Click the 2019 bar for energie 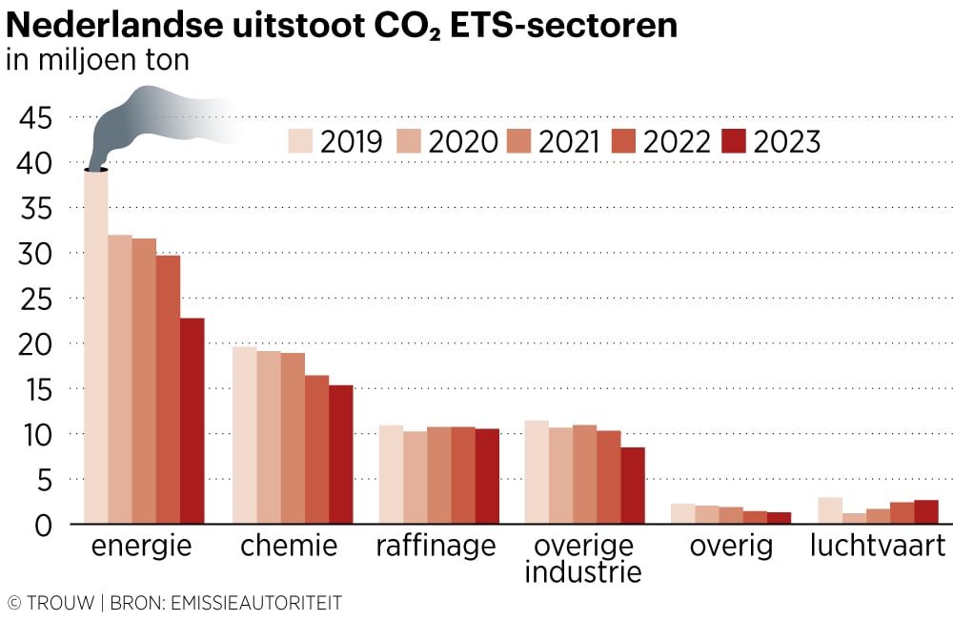point(95,347)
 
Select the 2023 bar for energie point(192,421)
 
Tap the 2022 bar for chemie point(316,449)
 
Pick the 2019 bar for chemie point(245,435)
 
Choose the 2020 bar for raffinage point(415,477)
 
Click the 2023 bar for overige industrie point(633,486)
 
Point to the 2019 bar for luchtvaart point(830,510)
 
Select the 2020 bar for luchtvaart point(854,518)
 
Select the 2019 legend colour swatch point(300,141)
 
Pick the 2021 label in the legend point(568,142)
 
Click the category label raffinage point(436,548)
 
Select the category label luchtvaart point(877,548)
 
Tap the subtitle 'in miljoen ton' point(98,60)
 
